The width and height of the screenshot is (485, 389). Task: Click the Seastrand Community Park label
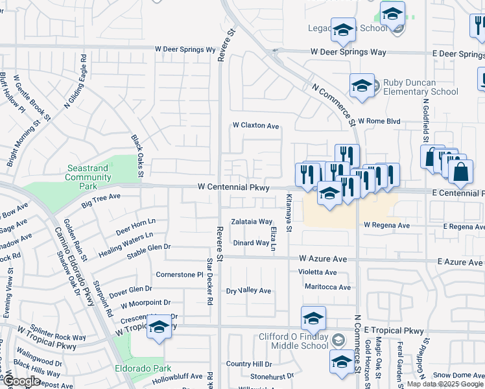point(88,177)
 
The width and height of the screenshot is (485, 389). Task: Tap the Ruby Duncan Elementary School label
point(420,87)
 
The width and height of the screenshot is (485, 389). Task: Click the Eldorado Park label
point(149,368)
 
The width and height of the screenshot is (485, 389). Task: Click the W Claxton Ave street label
point(255,126)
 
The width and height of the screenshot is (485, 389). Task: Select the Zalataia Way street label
point(252,222)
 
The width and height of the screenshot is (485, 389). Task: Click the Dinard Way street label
point(251,243)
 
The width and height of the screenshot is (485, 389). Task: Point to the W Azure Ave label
point(323,258)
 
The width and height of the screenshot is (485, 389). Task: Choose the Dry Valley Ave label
point(248,290)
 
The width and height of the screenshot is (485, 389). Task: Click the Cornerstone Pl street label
point(180,274)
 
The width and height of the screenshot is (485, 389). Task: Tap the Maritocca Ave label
point(327,287)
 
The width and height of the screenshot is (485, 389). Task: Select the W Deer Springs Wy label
point(185,49)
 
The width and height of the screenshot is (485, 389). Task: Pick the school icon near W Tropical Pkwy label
point(158,327)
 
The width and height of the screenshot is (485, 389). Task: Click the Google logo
point(22,382)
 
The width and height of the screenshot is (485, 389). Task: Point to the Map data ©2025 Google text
point(445,384)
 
